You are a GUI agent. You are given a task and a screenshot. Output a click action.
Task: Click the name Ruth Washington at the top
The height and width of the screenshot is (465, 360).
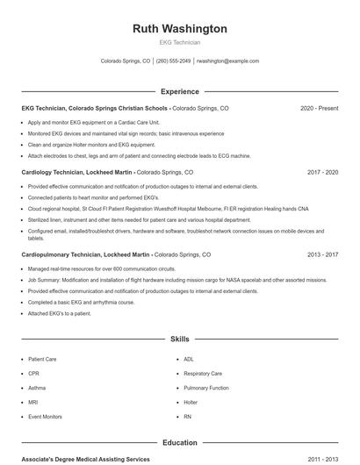pos(179,29)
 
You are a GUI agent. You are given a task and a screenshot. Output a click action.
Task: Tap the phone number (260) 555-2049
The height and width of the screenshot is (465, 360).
pos(174,61)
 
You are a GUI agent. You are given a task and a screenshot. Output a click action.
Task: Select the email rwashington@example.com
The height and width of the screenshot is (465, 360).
pos(227,61)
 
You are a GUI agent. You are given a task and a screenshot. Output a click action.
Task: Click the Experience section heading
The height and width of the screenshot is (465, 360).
pos(179,91)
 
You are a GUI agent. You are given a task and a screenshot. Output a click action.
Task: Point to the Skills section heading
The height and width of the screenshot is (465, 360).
pos(179,338)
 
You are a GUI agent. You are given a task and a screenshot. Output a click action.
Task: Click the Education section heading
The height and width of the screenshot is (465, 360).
pos(179,443)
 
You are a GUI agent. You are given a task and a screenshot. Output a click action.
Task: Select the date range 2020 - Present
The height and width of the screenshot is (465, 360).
pos(319,108)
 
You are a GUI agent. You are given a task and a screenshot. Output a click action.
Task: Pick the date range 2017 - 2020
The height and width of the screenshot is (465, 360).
pos(322,173)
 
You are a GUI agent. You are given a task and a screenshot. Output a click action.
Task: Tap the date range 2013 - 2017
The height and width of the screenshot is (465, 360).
pos(322,254)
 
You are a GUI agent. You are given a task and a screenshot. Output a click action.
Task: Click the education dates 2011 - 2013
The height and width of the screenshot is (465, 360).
pos(322,459)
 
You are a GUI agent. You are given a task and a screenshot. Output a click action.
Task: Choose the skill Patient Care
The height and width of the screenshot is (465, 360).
pos(42,359)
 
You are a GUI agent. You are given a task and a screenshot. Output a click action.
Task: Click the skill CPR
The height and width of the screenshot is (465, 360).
pos(33,373)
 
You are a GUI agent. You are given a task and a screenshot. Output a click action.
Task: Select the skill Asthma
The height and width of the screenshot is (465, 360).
pos(37,388)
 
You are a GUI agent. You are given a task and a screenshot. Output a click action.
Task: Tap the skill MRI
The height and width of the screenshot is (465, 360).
pos(32,402)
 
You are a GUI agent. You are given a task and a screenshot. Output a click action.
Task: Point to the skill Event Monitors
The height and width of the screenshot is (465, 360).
pos(45,417)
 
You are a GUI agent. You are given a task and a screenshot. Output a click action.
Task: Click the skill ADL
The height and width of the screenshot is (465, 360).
pos(189,359)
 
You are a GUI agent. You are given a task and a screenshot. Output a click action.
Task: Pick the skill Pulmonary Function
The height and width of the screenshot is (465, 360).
pos(205,388)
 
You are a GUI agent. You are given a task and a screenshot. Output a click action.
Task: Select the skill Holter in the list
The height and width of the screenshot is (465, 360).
pos(191,402)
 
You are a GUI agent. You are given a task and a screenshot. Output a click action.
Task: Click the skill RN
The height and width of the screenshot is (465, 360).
pos(187,417)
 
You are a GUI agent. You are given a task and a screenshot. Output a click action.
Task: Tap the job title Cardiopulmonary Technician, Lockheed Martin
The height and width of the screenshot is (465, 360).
pos(86,254)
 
